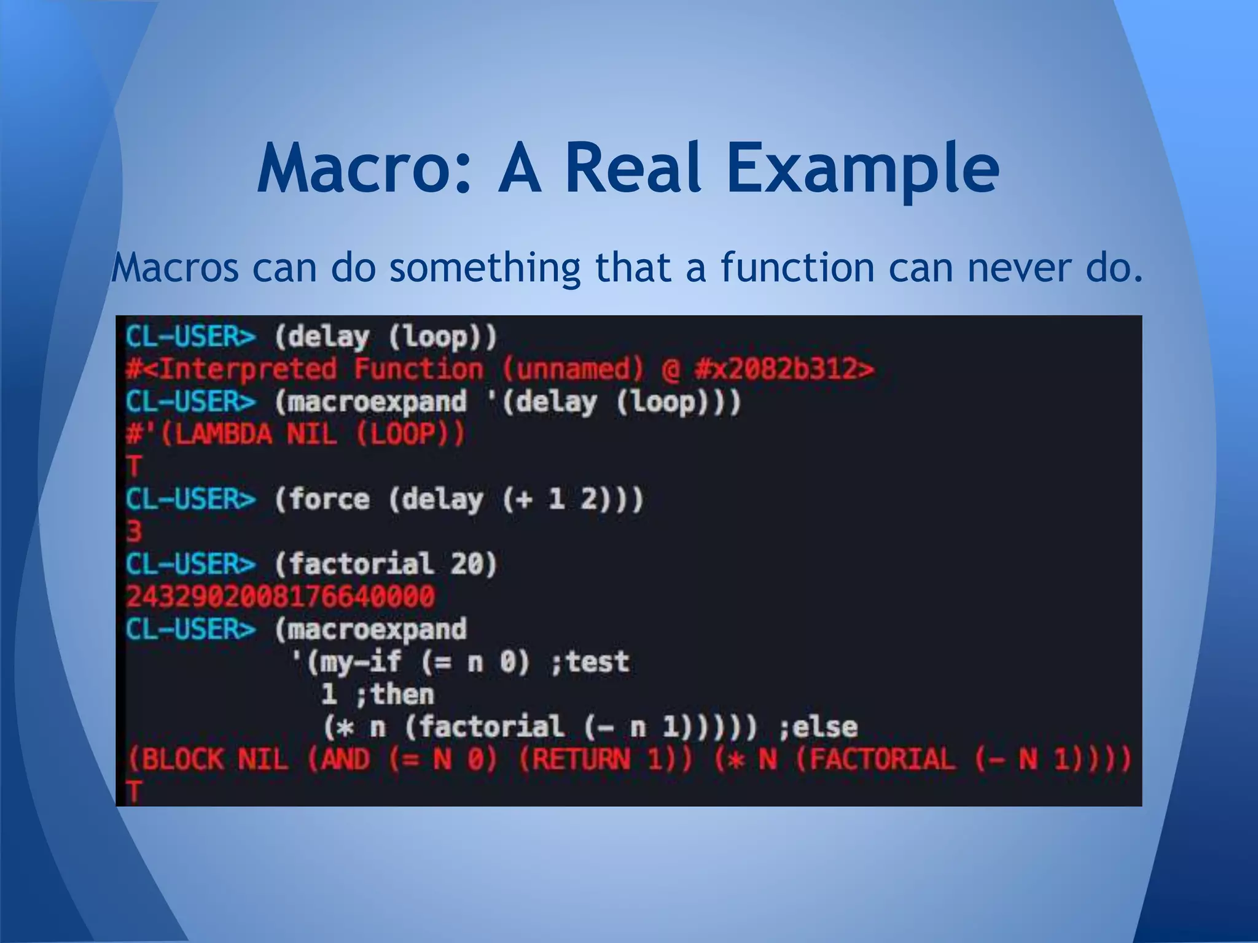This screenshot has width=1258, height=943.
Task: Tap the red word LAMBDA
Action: (x=216, y=435)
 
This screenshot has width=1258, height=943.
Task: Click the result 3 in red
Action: (x=134, y=531)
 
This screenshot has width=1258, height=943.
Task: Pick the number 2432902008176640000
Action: (x=280, y=597)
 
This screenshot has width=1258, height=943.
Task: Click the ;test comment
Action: (x=590, y=662)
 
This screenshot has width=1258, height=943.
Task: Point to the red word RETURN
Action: (x=581, y=760)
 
